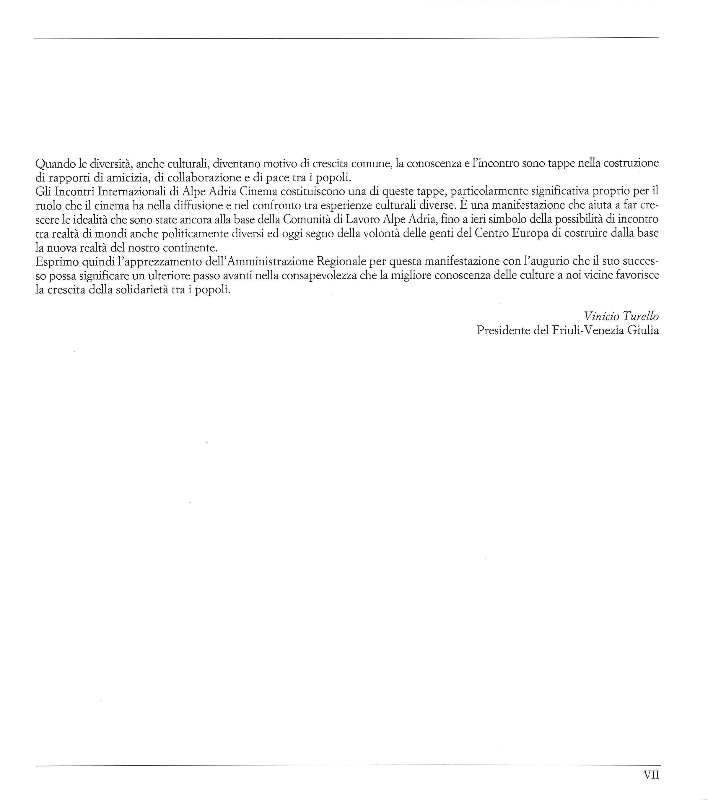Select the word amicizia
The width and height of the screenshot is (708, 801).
tap(126, 178)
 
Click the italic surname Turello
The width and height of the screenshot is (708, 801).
tap(639, 316)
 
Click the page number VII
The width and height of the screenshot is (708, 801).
tap(651, 775)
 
